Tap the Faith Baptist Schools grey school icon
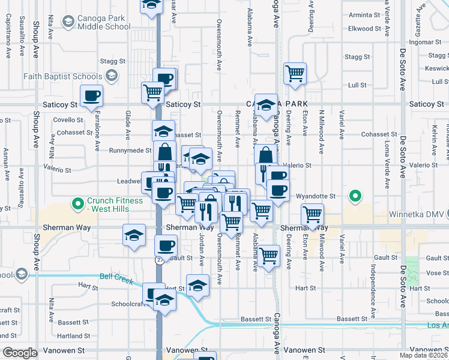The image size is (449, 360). pos(111,76)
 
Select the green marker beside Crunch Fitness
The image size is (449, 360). pos(77,205)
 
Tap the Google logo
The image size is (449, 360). pos(20,353)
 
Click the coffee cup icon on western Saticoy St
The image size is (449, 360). pos(91,96)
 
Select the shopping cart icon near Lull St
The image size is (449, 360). pos(295,74)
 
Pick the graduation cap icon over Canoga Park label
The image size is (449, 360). pos(266,105)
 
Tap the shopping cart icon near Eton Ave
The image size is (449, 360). pos(312,214)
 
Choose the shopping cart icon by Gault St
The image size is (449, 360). pos(270,255)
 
